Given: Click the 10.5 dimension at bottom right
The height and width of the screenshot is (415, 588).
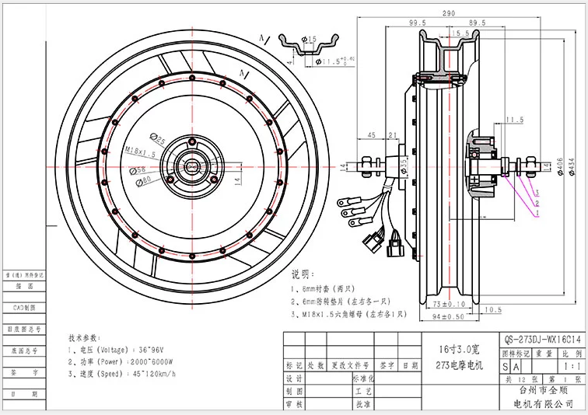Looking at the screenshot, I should point(492,310).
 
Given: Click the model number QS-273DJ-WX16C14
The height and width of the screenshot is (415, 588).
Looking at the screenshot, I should point(542,340).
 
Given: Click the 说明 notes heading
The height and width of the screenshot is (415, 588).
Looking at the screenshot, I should point(302,274).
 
